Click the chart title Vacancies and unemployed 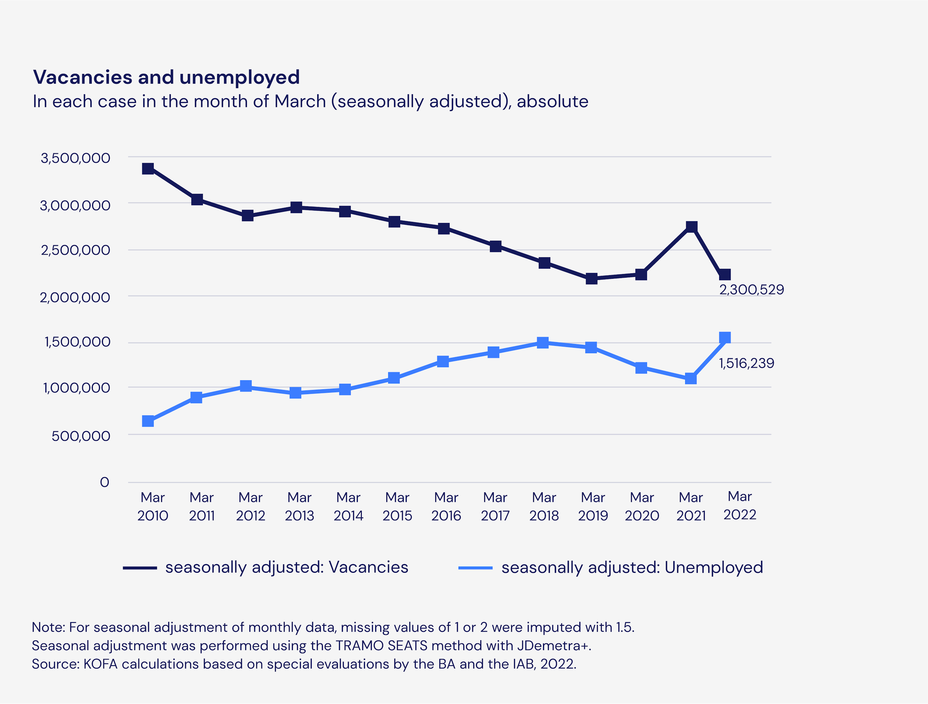[166, 77]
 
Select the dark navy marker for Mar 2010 [148, 169]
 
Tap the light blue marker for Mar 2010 [148, 421]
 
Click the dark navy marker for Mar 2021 [691, 227]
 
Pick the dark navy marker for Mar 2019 [592, 278]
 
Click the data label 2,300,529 [751, 290]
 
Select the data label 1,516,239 [746, 363]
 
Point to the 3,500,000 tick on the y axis [75, 158]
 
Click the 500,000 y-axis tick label [81, 436]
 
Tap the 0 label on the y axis [104, 482]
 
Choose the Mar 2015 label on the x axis [397, 506]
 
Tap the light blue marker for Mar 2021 [691, 378]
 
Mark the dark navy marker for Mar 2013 [296, 207]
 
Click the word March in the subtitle [299, 102]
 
